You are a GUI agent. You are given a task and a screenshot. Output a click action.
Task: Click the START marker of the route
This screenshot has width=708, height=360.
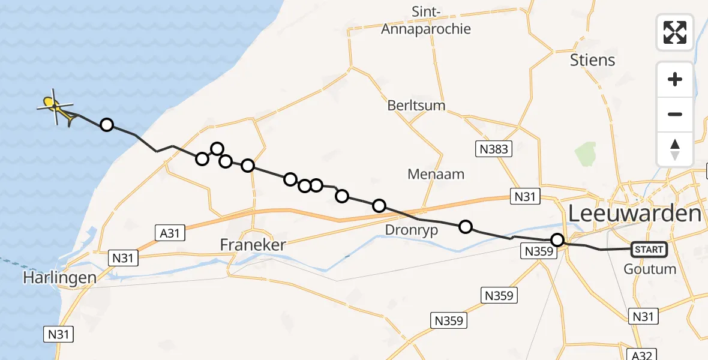pyautogui.click(x=649, y=250)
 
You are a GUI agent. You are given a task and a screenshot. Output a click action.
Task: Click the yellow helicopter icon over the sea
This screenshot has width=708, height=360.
pyautogui.click(x=56, y=108)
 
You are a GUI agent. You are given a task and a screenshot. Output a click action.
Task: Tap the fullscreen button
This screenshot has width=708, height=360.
pyautogui.click(x=675, y=32)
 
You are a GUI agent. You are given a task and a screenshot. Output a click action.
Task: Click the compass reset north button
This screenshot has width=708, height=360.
pyautogui.click(x=675, y=149)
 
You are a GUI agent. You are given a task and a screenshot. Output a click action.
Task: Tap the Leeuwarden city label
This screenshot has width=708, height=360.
pyautogui.click(x=634, y=213)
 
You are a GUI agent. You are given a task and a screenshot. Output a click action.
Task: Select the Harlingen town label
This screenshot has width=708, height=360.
pyautogui.click(x=59, y=278)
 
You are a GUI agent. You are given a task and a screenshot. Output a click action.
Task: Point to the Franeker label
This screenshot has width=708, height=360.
pyautogui.click(x=253, y=245)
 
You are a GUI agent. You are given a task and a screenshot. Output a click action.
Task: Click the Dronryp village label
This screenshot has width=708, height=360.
pyautogui.click(x=412, y=230)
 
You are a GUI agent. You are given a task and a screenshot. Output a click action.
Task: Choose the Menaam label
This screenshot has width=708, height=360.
pyautogui.click(x=436, y=175)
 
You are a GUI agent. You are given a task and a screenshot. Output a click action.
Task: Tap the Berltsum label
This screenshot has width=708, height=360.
pyautogui.click(x=416, y=106)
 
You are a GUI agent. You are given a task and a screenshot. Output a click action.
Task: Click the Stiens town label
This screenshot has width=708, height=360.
pyautogui.click(x=593, y=60)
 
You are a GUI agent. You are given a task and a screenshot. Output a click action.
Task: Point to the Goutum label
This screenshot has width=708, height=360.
pyautogui.click(x=650, y=269)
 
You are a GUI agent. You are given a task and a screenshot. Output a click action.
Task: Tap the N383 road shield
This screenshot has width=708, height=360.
pyautogui.click(x=495, y=149)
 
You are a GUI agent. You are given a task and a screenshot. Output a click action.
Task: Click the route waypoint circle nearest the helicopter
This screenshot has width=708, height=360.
pyautogui.click(x=106, y=125)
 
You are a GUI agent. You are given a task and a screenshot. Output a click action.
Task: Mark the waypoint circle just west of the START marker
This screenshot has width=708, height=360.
pyautogui.click(x=557, y=241)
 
